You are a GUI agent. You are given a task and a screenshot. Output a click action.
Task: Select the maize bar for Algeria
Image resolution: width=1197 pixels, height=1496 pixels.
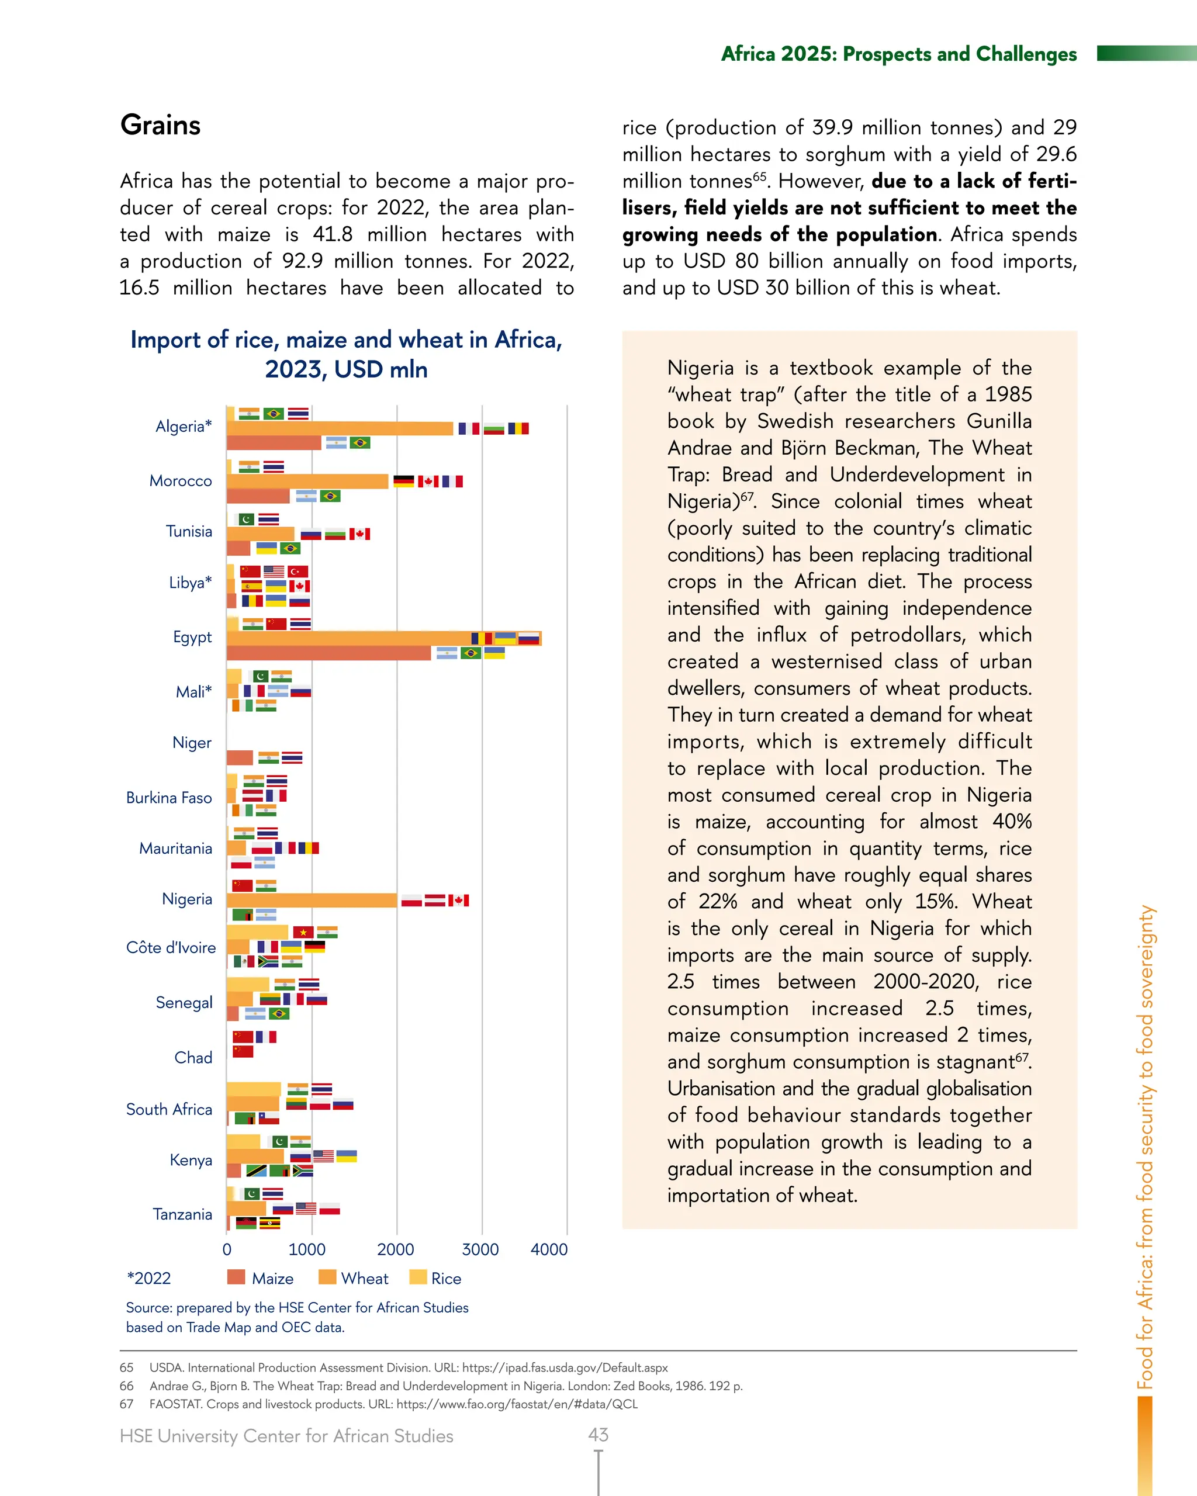(274, 443)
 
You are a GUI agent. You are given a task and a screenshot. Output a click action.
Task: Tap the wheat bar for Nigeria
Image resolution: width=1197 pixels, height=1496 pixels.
(312, 900)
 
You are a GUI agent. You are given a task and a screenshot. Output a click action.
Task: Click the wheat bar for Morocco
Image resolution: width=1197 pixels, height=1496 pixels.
(307, 481)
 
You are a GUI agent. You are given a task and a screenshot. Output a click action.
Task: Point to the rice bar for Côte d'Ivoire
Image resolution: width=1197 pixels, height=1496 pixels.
(257, 932)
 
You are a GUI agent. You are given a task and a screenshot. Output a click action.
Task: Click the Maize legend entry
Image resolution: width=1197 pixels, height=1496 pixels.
(260, 1278)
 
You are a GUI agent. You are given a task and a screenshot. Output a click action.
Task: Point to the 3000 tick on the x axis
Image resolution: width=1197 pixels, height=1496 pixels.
(480, 1249)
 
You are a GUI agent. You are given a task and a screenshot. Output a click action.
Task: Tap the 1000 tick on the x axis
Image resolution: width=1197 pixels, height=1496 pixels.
(307, 1249)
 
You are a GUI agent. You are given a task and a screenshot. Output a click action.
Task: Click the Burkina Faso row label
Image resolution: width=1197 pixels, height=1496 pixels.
(169, 798)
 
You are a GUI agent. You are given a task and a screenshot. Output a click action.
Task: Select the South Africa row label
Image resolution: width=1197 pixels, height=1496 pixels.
(169, 1110)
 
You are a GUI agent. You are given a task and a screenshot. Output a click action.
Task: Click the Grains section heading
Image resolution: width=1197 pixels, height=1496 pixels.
(160, 125)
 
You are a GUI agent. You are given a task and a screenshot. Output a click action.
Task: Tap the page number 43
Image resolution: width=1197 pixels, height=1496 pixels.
(598, 1434)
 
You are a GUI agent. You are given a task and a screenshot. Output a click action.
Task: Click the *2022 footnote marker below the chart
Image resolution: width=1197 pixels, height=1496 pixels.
(148, 1278)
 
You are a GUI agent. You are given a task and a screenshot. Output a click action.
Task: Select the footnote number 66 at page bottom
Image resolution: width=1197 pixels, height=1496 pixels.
(126, 1386)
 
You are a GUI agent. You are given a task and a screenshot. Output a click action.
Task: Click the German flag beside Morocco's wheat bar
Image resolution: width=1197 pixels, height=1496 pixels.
(404, 481)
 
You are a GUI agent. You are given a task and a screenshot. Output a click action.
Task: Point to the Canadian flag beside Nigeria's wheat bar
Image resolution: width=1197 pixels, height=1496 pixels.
(459, 900)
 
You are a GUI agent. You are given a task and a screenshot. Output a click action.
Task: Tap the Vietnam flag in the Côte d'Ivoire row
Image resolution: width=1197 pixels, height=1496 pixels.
(303, 932)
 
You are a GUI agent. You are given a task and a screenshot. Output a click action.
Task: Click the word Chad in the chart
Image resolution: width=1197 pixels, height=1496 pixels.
(193, 1058)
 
